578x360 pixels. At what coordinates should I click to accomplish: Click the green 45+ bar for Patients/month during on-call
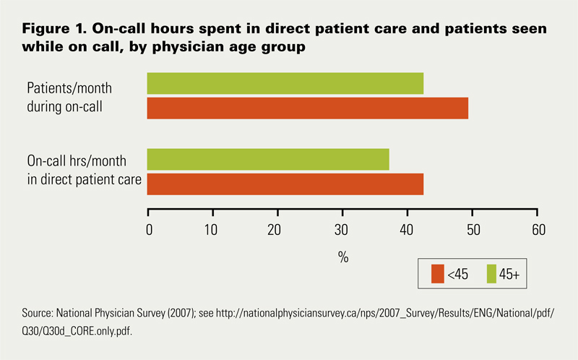(285, 84)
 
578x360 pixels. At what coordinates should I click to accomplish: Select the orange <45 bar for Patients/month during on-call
(308, 108)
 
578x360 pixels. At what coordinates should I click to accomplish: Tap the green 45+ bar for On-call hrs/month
(268, 160)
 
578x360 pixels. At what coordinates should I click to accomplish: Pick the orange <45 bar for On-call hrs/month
(285, 184)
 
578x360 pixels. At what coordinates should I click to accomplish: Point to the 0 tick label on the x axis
(150, 231)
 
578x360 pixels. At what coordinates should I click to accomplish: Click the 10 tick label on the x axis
(212, 231)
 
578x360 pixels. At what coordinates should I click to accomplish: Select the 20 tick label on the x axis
(277, 231)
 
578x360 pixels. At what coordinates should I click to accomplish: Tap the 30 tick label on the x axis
(342, 231)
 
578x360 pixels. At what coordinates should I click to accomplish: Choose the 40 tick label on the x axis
(407, 231)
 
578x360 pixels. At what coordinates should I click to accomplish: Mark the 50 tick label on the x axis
(472, 231)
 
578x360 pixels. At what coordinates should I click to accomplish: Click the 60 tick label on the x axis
(537, 231)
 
